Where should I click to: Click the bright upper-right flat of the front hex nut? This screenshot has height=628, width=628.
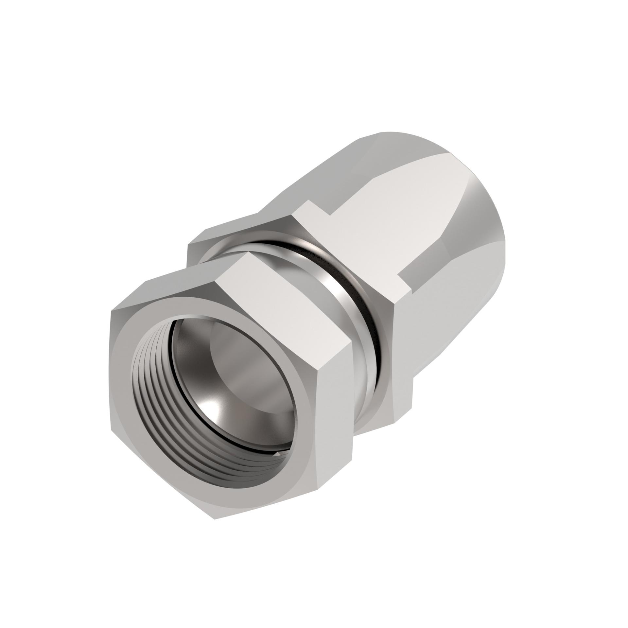288,294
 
